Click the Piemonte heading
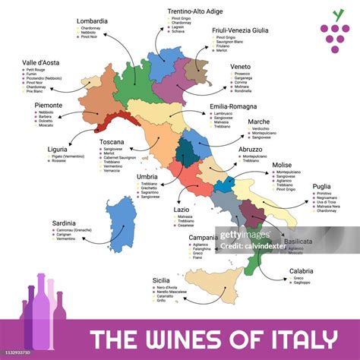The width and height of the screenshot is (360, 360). (x=48, y=106)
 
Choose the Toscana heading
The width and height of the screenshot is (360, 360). (x=112, y=141)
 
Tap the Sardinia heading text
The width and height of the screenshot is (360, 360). (x=68, y=223)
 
